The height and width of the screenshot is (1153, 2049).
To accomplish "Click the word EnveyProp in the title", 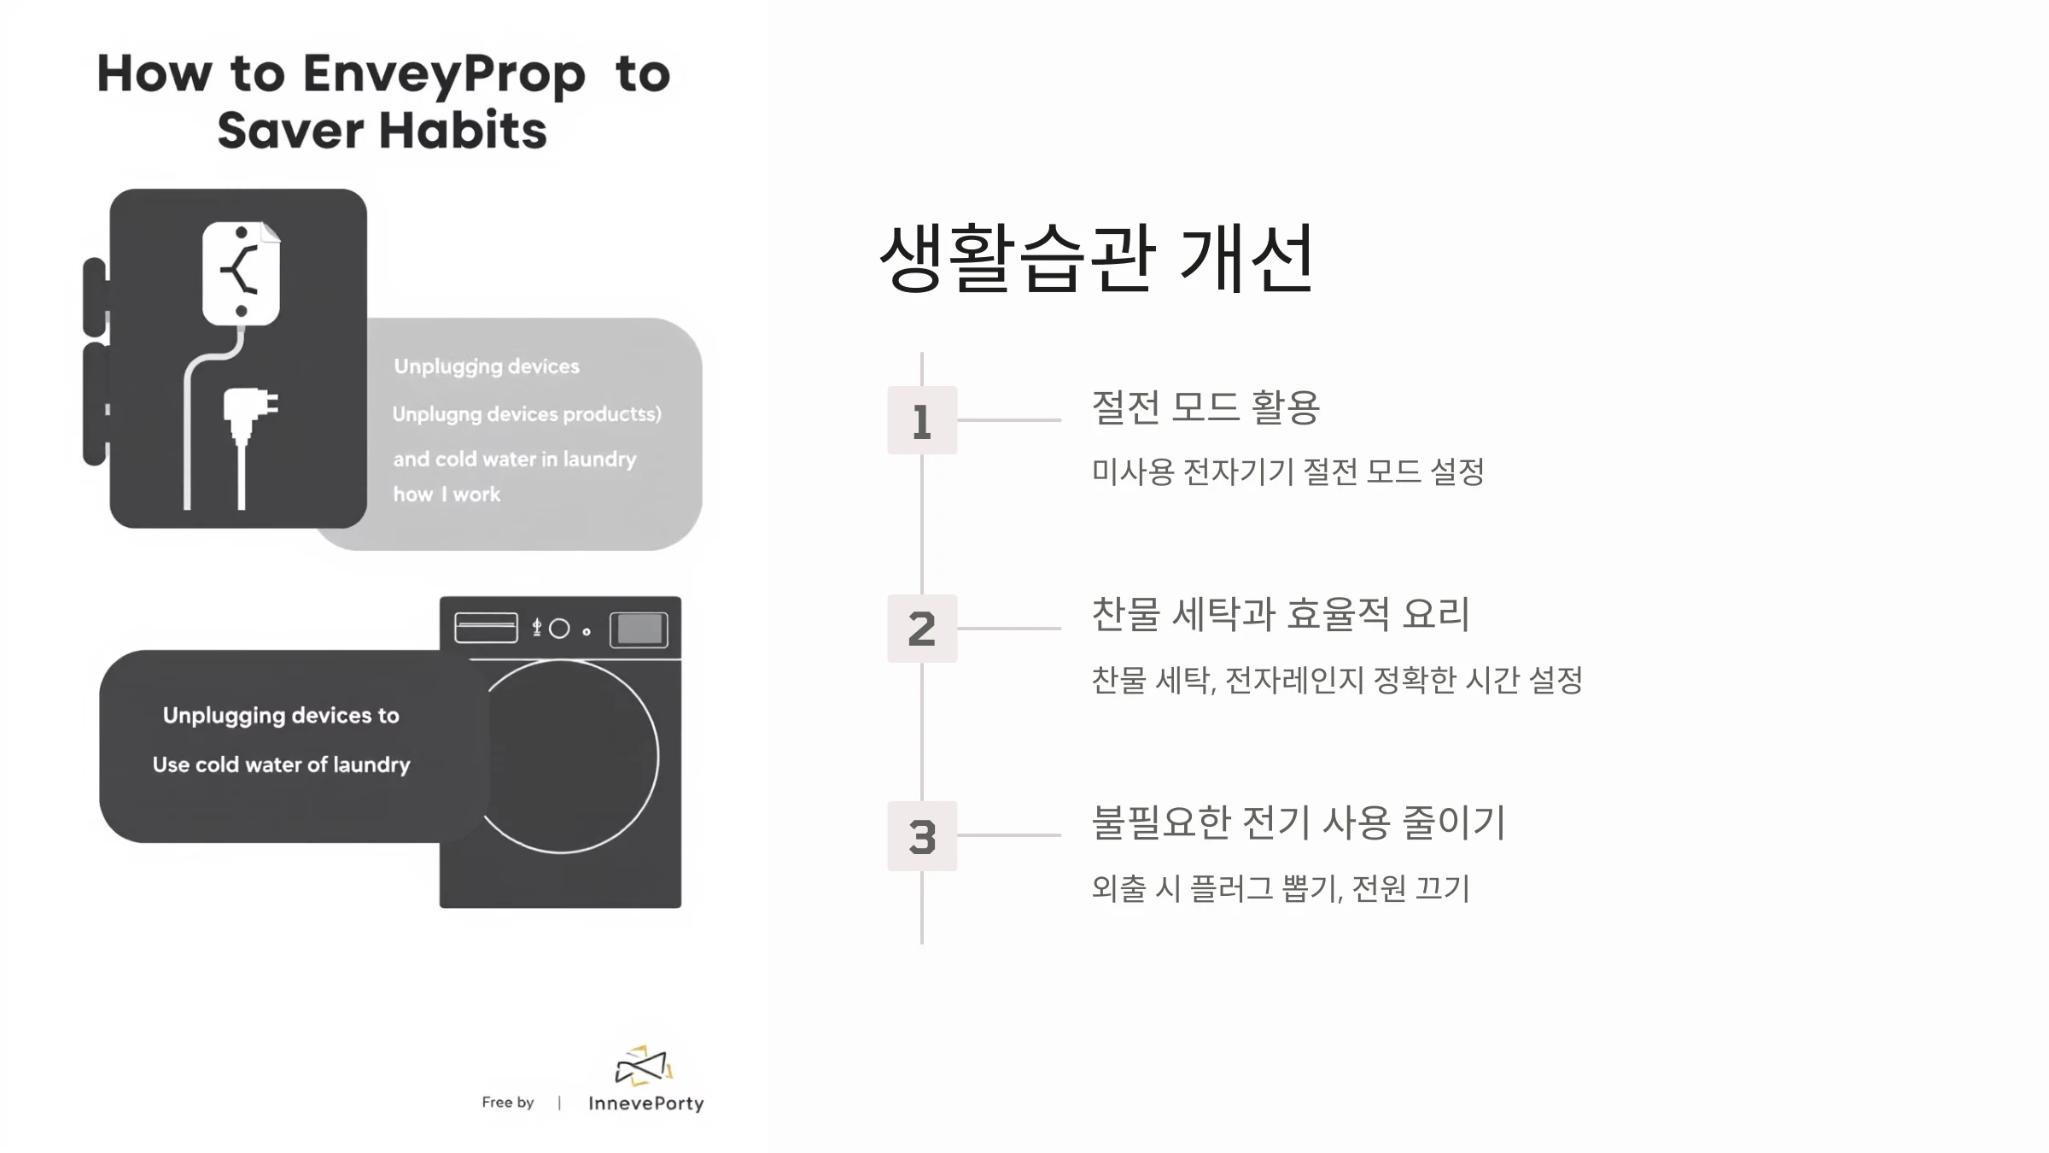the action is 444,75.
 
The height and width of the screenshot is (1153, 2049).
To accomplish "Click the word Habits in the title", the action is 463,131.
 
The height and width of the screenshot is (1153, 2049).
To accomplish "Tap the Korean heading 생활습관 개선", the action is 1097,258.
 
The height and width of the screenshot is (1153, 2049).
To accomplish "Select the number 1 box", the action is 922,420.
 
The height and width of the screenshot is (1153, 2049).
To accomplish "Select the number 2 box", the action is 922,629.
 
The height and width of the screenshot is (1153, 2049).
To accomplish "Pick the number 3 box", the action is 922,836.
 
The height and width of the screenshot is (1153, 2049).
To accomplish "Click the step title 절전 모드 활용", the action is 1205,407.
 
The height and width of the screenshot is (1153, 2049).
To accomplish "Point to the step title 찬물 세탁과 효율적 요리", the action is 1281,615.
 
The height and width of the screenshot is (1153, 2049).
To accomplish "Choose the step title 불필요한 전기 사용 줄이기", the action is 1299,822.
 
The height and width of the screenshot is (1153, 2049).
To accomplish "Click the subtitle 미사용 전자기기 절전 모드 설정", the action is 1288,471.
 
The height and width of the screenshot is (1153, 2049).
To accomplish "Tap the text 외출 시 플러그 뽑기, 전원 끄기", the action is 1281,888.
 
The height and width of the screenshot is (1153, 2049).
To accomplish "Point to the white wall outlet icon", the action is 242,273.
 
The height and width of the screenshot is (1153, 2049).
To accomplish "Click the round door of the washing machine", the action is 658,757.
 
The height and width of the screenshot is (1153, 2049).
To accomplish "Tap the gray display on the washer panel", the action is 639,630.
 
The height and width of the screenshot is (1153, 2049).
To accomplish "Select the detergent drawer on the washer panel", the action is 486,628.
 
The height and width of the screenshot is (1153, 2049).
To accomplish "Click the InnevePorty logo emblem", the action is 645,1066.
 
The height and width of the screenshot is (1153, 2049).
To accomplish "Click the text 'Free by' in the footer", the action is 508,1103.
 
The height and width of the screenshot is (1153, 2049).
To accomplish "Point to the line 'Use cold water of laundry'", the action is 282,765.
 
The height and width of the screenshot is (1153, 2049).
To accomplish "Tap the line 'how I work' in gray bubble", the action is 447,495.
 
